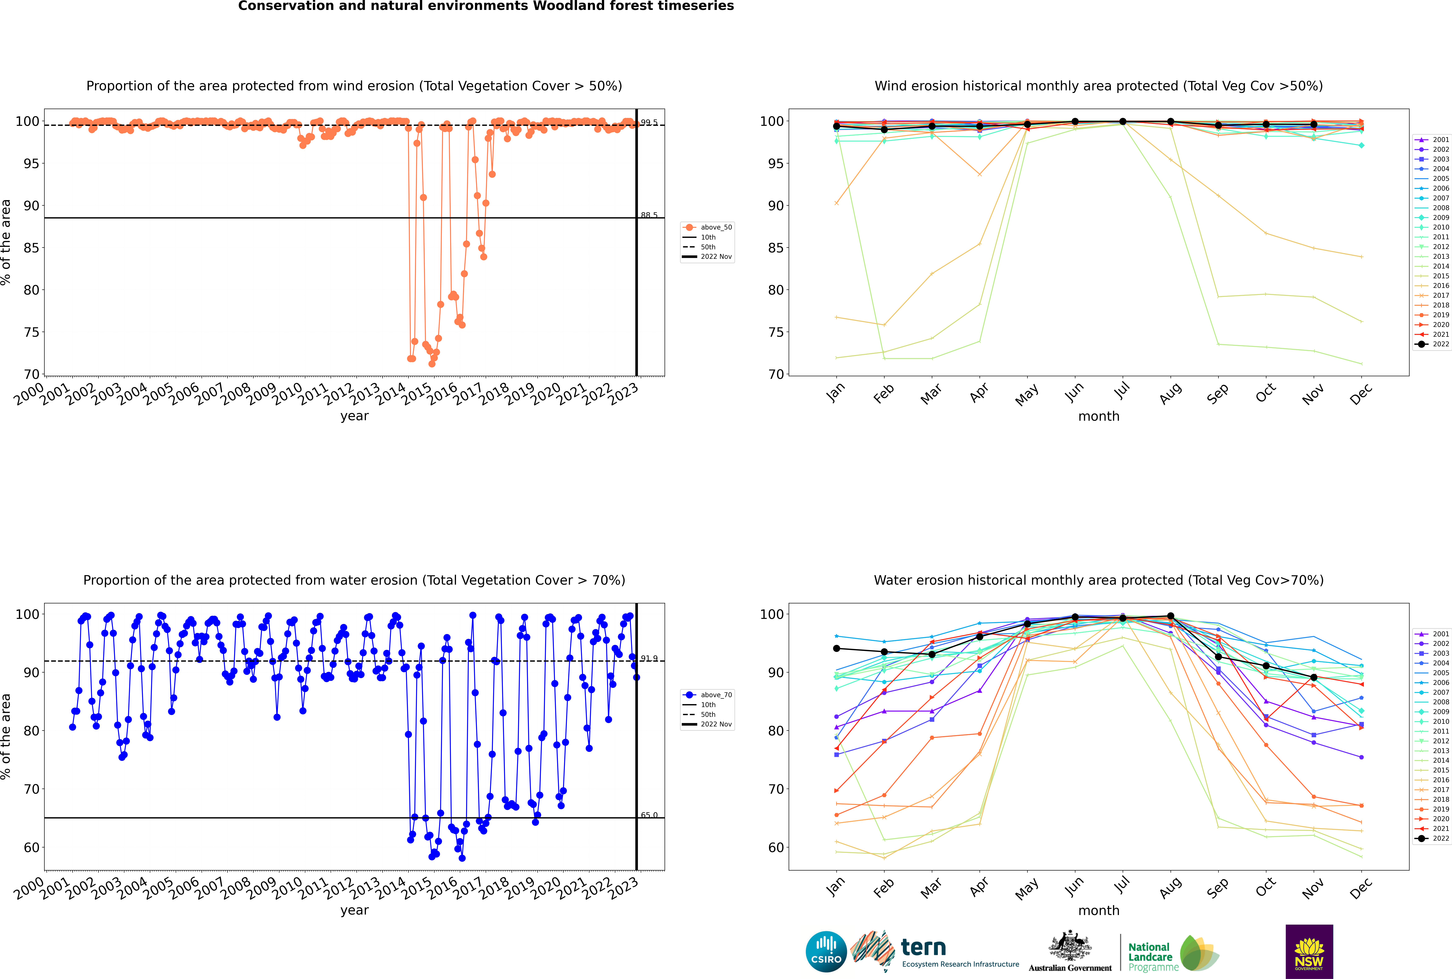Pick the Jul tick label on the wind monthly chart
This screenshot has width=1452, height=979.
click(1122, 390)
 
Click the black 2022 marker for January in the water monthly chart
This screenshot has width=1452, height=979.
click(837, 649)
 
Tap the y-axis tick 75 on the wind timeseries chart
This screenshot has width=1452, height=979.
click(31, 332)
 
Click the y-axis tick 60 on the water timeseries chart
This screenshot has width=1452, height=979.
click(31, 847)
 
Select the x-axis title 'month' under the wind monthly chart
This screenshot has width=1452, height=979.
click(1099, 417)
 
